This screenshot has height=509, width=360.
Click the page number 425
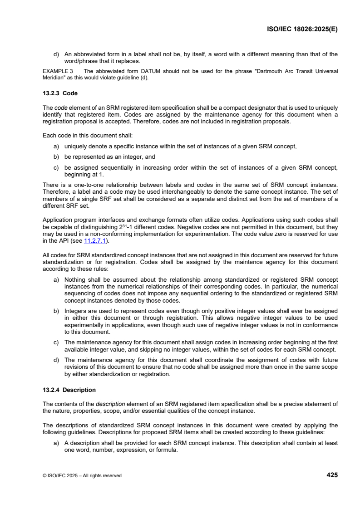pos(332,475)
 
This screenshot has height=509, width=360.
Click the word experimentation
pos(228,235)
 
